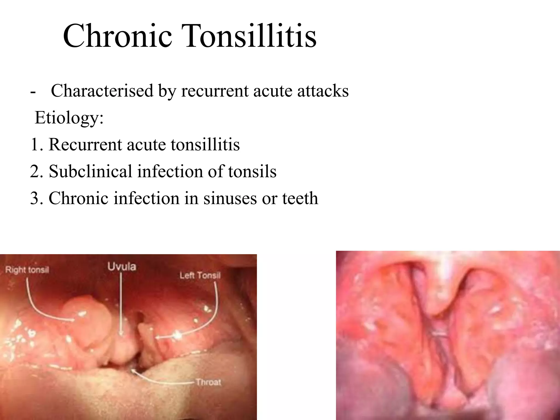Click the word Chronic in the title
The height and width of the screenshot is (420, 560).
coord(118,36)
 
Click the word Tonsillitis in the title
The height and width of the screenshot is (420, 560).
coord(251,36)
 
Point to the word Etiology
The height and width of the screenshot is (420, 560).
coord(69,118)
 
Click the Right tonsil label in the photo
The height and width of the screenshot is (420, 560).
coord(27,270)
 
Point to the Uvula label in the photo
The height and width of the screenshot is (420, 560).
coord(122,266)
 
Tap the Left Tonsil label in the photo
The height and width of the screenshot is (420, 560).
coord(200,275)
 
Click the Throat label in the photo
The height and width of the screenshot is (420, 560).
coord(208,382)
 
